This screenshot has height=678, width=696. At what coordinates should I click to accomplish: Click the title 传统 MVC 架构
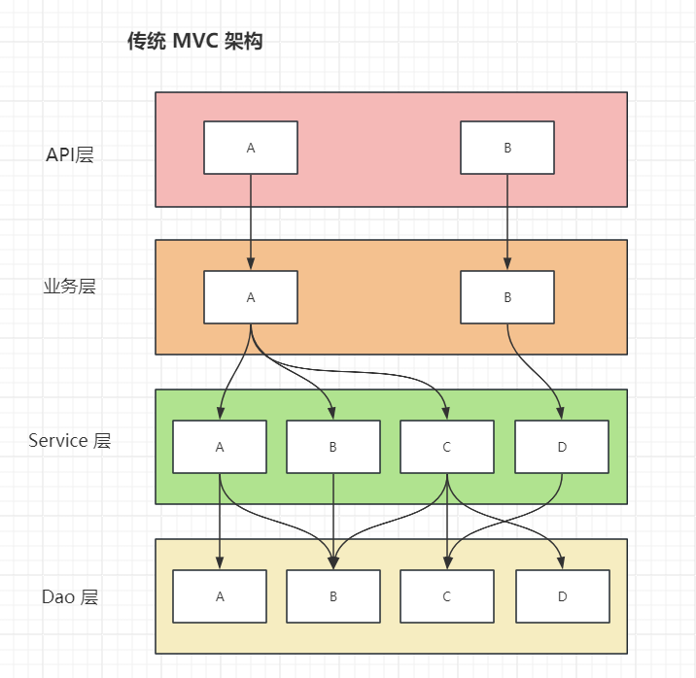(x=194, y=42)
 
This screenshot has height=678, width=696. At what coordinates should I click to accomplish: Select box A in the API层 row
(x=251, y=148)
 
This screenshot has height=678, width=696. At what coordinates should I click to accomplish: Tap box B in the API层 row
(x=507, y=148)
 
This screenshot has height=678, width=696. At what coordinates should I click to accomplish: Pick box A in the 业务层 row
(x=251, y=297)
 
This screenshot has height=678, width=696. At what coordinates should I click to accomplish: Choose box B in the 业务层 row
(x=507, y=297)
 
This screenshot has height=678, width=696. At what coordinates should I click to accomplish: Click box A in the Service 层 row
(x=220, y=447)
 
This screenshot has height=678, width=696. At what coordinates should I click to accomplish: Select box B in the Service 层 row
(x=333, y=447)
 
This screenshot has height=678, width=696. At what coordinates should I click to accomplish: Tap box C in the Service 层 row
(x=447, y=447)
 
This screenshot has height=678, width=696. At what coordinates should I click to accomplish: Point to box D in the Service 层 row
(x=562, y=447)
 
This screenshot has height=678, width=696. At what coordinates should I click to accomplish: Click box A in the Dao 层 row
(x=220, y=596)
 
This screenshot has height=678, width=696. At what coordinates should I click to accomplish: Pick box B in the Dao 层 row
(x=333, y=596)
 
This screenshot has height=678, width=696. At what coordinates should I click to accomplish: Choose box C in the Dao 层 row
(x=447, y=596)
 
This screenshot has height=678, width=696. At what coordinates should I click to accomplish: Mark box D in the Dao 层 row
(x=562, y=596)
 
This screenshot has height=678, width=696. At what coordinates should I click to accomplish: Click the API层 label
(x=70, y=154)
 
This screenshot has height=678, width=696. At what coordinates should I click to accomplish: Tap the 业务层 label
(x=70, y=287)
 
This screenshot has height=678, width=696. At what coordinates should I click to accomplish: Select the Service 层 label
(x=70, y=440)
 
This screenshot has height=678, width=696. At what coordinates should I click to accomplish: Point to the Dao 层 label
(x=70, y=596)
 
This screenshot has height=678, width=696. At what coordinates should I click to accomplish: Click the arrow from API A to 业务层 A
(x=251, y=221)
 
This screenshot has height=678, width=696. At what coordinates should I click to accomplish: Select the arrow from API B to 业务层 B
(x=507, y=221)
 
